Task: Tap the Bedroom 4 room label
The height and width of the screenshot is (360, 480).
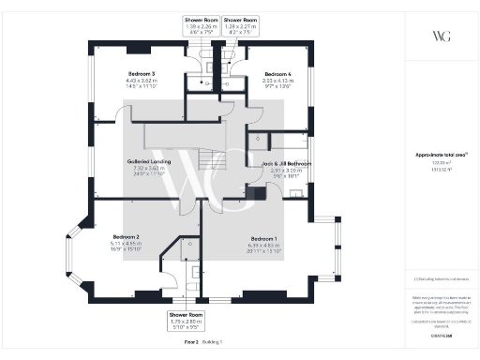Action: [x=278, y=74]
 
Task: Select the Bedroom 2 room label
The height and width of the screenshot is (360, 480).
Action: [x=126, y=236]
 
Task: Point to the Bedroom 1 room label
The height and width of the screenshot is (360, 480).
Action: [x=262, y=238]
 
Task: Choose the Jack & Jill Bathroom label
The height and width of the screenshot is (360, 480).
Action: [x=286, y=163]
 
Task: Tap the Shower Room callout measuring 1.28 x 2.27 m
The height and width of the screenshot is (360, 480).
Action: [x=241, y=20]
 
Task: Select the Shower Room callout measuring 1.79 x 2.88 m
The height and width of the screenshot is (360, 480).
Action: [x=186, y=314]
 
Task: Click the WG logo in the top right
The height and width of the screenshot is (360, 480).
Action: [x=441, y=37]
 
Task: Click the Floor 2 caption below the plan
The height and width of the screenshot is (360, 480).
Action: [x=191, y=343]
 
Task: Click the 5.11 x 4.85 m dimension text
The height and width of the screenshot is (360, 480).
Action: [x=126, y=244]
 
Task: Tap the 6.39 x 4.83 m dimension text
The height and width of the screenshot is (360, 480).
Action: [x=262, y=246]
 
